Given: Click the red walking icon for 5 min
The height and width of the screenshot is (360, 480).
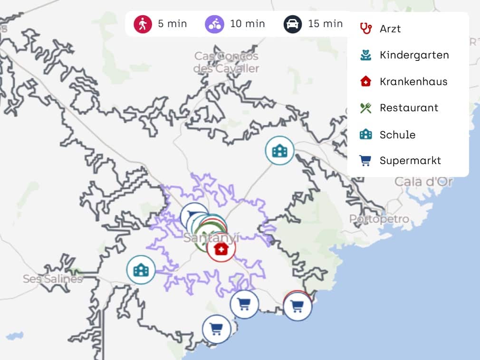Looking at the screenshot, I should [142, 24].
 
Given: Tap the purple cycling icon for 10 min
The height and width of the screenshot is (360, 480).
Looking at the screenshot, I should [214, 24].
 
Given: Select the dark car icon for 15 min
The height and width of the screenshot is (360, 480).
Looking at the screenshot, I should [293, 24].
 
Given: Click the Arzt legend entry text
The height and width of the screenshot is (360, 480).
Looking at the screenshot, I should [390, 29].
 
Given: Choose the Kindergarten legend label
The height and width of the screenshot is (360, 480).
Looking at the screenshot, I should [414, 55].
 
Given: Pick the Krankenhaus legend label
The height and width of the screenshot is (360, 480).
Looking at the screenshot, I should [413, 81].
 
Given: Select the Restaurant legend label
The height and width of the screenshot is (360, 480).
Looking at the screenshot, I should [409, 107].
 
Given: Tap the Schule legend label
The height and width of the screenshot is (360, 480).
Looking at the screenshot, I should [397, 135].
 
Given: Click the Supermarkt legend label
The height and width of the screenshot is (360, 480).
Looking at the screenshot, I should [410, 160].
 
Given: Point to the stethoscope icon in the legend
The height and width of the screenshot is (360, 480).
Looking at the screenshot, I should [365, 28].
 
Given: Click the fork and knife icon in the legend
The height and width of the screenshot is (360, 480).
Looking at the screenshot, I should [365, 108].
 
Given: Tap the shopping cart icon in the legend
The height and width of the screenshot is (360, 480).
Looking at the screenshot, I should [365, 161].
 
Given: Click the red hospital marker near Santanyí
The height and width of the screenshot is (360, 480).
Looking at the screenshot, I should [221, 248].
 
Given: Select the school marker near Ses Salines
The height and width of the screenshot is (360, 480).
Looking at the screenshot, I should [141, 270].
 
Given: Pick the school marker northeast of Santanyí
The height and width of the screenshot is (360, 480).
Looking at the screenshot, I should [279, 151].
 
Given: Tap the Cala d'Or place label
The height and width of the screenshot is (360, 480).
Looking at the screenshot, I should [423, 182].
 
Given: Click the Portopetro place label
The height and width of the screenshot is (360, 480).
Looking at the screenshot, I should [379, 219].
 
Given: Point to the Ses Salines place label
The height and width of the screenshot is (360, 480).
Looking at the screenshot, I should [52, 279].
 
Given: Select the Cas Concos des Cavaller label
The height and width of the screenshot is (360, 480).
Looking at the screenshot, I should [226, 62].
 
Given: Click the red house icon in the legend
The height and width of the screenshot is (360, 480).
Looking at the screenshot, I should [365, 81].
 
